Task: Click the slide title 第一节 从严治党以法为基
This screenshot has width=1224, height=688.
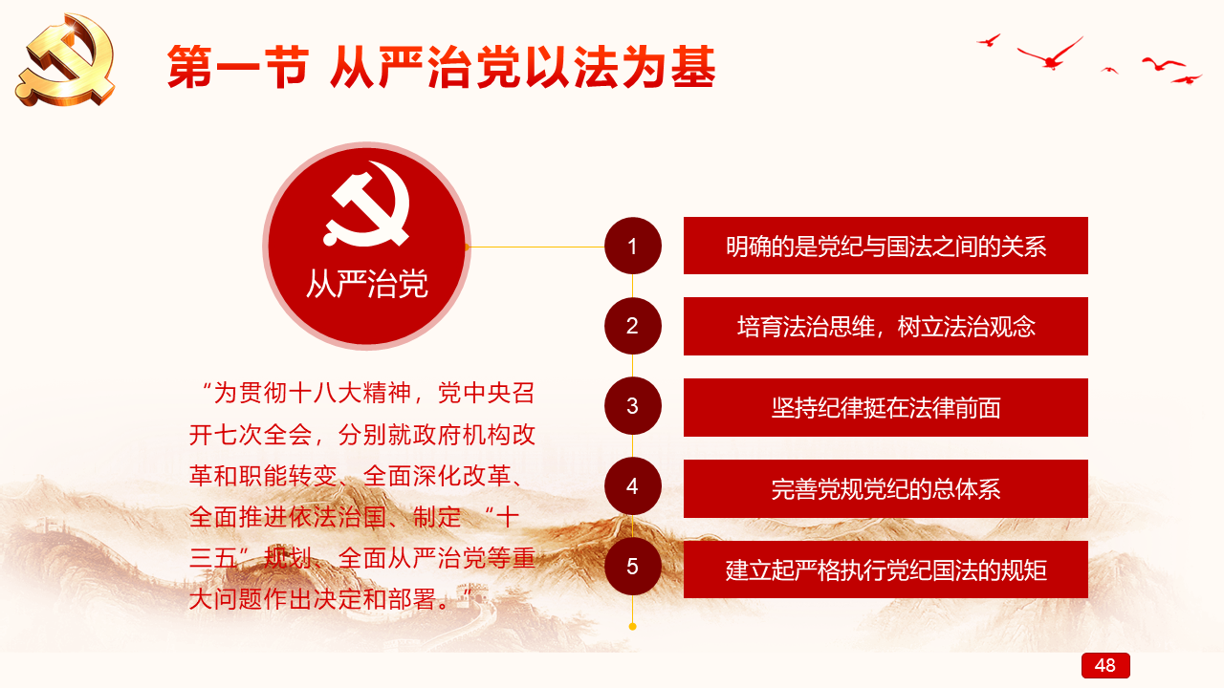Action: coord(442,68)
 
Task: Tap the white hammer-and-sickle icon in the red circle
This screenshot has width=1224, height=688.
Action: coord(367,204)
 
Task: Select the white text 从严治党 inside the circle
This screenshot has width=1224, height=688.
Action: coord(366,284)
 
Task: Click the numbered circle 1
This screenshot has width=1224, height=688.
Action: coord(633,246)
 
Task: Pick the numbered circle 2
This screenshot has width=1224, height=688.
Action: coord(633,326)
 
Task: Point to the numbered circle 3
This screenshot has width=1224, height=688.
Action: coord(633,406)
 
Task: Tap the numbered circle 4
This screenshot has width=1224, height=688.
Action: coord(633,486)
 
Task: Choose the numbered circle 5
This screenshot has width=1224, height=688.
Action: coord(633,567)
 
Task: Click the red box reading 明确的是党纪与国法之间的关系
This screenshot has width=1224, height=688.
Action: coord(885,246)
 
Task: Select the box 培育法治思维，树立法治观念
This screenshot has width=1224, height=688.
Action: coord(885,326)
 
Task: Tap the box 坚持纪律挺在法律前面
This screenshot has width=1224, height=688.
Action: coord(885,407)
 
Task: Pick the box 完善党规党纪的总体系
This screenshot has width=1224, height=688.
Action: coord(885,488)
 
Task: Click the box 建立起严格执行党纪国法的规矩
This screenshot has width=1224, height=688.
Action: coord(885,570)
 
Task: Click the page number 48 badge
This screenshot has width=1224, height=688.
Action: coord(1105,665)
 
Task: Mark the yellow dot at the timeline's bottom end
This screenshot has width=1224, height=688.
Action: coord(633,626)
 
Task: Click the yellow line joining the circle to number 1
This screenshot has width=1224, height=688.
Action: coord(536,247)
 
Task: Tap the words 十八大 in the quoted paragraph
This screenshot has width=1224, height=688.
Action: coord(325,393)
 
